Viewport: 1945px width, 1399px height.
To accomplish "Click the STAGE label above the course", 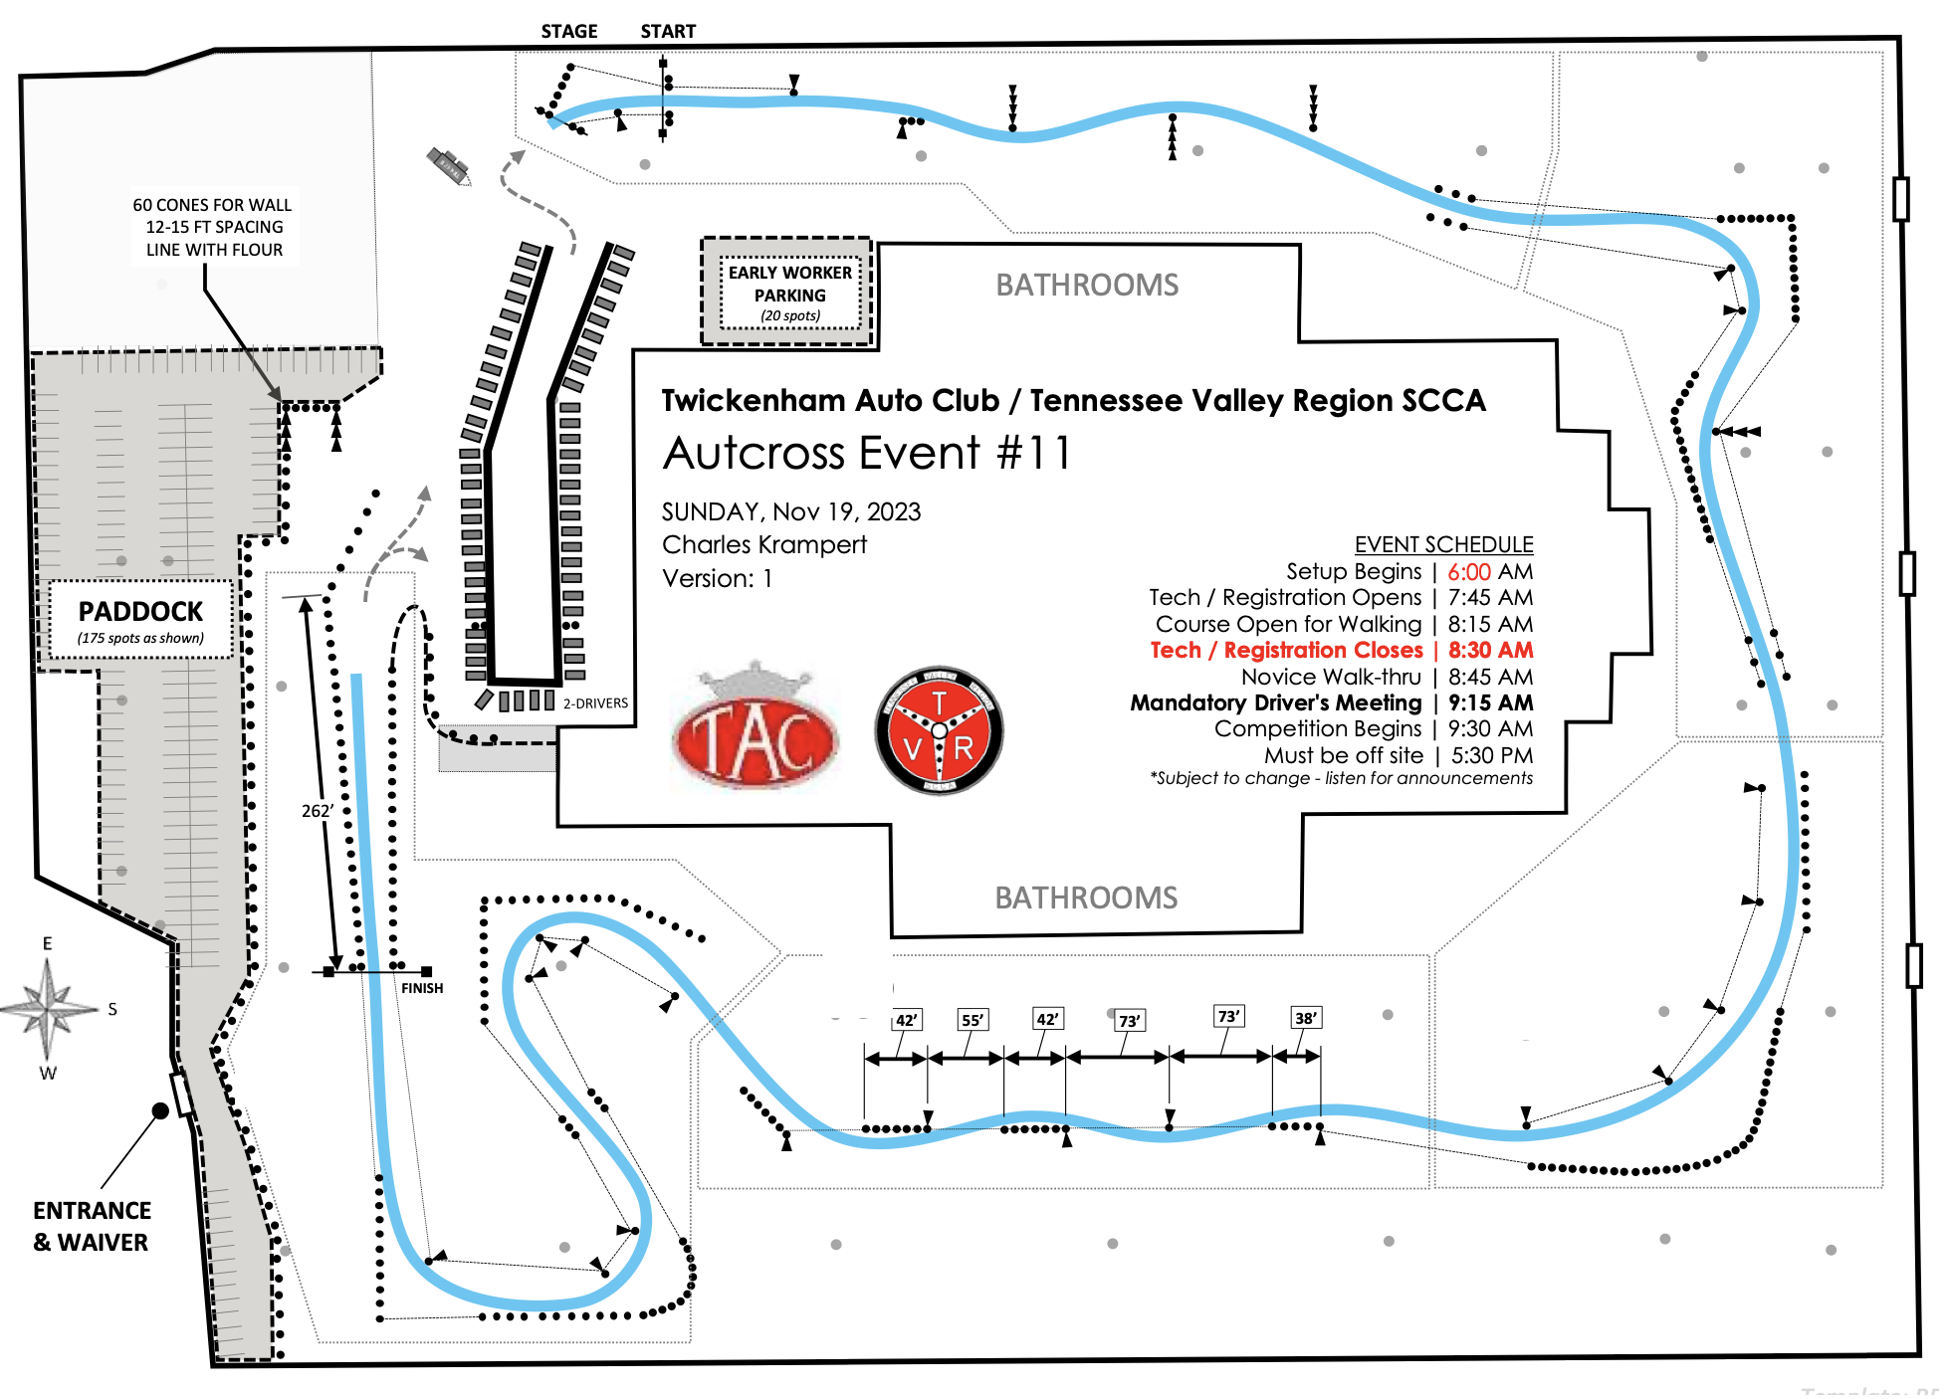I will [568, 32].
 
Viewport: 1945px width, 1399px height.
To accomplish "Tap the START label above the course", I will [668, 32].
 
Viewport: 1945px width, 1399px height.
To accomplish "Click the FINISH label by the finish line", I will [422, 988].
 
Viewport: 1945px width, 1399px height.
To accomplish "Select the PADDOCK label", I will [140, 612].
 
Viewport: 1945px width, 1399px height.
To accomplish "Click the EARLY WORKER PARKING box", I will [789, 293].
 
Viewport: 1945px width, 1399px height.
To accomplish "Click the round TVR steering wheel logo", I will [939, 731].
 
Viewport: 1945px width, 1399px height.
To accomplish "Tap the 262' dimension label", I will [317, 811].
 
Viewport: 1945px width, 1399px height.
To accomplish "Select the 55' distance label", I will [972, 1020].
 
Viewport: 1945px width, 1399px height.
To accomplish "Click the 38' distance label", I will [1306, 1018].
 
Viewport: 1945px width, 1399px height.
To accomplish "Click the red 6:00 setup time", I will [1468, 572].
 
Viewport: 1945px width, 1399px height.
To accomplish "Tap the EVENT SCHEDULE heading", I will [1443, 544].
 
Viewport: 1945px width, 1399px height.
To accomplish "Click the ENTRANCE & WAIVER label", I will [92, 1226].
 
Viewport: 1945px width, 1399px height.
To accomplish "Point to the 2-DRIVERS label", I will [595, 703].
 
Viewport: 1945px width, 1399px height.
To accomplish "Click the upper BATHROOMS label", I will [1087, 286].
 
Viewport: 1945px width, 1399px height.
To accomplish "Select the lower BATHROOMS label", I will [1086, 899].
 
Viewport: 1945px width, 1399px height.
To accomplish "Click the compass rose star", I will [48, 1008].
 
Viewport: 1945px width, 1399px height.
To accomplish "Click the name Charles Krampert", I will [764, 545].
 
